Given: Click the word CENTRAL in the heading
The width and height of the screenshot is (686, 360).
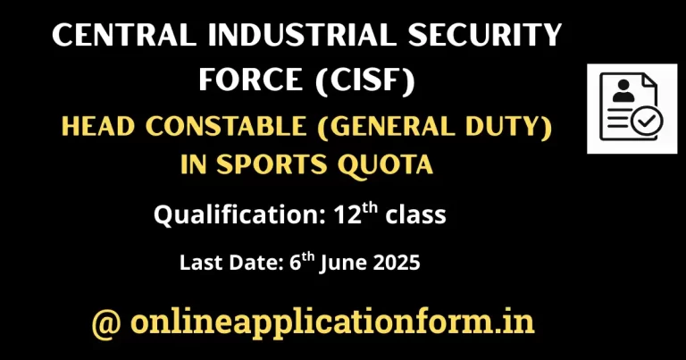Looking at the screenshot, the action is click(x=124, y=35).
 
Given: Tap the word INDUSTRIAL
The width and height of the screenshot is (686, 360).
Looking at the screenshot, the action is click(x=302, y=35).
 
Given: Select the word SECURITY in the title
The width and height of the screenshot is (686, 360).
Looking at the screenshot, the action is click(x=484, y=35).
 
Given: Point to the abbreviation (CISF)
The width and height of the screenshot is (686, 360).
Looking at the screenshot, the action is click(x=364, y=80).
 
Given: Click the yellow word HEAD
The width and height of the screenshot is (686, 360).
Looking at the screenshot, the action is click(x=98, y=127).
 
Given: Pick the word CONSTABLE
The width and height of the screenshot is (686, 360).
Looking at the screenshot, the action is click(x=226, y=127).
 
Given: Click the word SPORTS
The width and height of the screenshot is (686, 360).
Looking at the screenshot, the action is click(x=272, y=164).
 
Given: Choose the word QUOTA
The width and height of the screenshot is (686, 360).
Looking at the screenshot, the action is click(x=385, y=165).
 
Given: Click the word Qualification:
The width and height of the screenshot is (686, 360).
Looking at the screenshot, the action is click(x=240, y=215).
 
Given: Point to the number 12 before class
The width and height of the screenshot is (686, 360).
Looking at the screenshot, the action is click(x=347, y=214).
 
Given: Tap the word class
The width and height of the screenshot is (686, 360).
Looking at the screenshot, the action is click(x=415, y=214).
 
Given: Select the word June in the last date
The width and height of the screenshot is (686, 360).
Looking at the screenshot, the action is click(x=343, y=264).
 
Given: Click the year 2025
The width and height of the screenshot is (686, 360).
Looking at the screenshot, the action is click(x=397, y=263).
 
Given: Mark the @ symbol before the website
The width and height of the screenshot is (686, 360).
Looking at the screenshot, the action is click(x=106, y=323).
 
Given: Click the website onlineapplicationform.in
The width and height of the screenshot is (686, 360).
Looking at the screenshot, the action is click(x=332, y=323).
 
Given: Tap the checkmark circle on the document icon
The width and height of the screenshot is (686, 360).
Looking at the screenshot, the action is click(x=646, y=121).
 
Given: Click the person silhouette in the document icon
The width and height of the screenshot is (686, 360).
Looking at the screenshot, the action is click(x=623, y=91).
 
